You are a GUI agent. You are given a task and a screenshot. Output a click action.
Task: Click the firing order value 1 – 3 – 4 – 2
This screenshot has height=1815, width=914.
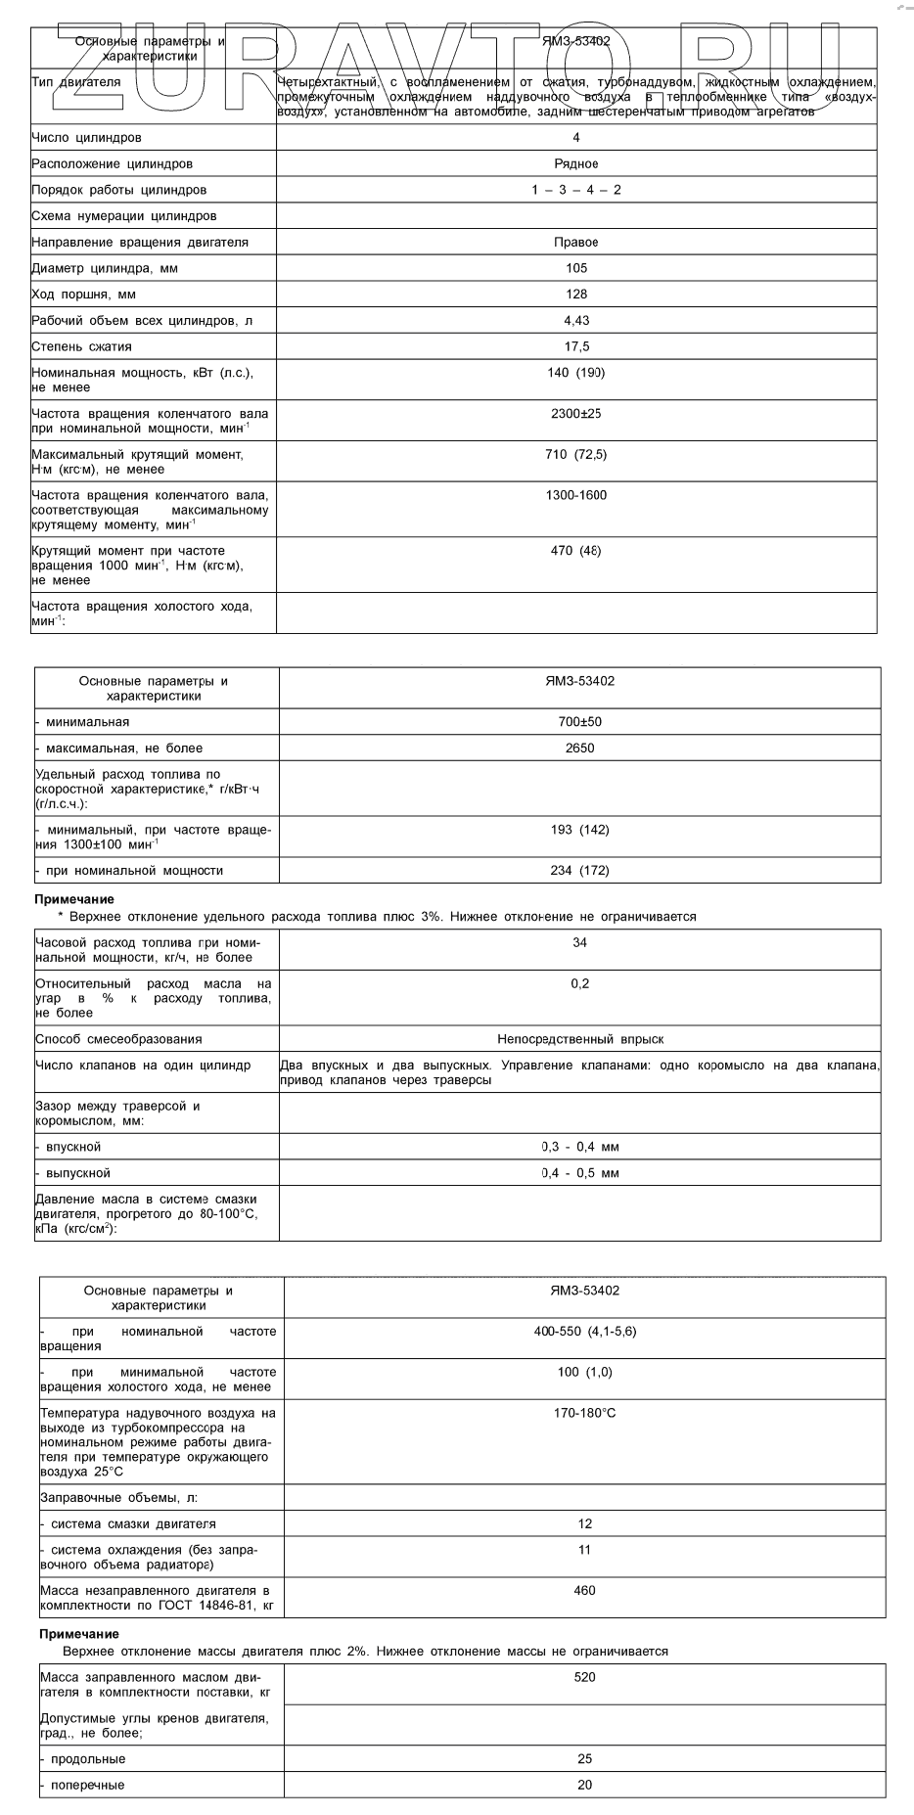576,190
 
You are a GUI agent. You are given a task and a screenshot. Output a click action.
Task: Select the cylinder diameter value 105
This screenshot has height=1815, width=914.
576,268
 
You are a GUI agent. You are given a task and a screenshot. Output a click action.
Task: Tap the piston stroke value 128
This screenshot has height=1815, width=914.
576,295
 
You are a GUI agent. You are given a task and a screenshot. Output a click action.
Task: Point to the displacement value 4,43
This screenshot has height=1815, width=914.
576,321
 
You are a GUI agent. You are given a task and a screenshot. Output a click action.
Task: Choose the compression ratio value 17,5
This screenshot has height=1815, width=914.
576,346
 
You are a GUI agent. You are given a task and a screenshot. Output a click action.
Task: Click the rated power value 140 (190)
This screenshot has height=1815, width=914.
576,373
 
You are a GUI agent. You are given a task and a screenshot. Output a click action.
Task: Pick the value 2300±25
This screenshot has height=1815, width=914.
576,414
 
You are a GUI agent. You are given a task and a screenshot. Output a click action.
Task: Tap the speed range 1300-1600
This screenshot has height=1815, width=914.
576,495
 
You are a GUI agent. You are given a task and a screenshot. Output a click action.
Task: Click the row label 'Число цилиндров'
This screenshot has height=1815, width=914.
86,138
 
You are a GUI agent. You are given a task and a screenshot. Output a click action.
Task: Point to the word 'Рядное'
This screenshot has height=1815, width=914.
576,164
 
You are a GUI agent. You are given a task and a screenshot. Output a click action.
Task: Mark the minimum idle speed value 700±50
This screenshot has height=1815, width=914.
580,722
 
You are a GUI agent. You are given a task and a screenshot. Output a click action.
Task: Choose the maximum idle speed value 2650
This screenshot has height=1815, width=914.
580,749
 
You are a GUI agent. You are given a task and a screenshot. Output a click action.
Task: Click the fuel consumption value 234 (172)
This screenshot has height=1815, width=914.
580,871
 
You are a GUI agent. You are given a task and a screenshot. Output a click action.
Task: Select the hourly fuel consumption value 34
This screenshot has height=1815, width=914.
580,942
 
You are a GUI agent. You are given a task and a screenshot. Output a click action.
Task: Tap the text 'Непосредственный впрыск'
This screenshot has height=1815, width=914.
580,1039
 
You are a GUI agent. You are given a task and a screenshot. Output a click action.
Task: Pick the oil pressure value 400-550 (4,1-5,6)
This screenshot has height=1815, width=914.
585,1332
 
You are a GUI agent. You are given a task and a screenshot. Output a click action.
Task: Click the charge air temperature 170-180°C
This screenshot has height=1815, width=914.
585,1413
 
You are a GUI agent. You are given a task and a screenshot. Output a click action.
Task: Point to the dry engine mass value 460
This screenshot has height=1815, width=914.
585,1591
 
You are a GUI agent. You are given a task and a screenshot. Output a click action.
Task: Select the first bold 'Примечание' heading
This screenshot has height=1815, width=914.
74,899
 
